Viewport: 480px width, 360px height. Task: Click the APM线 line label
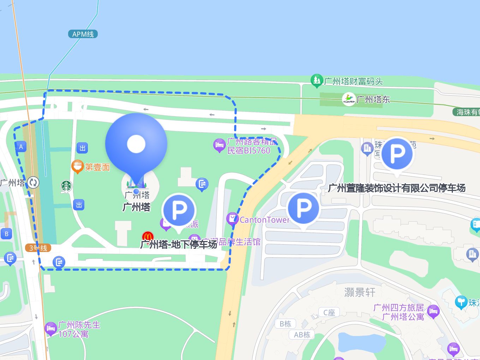pyautogui.click(x=83, y=34)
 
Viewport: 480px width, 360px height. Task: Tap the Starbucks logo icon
pyautogui.click(x=66, y=186)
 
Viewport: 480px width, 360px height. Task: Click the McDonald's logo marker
pyautogui.click(x=148, y=236)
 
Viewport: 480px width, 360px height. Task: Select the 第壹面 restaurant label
pyautogui.click(x=97, y=167)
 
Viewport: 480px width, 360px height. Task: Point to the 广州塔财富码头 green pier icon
pyautogui.click(x=317, y=81)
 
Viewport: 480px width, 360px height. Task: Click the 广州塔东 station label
pyautogui.click(x=373, y=99)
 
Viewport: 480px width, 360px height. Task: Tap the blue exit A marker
pyautogui.click(x=21, y=147)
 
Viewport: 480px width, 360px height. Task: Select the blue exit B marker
pyautogui.click(x=6, y=234)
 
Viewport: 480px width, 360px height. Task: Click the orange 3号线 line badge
pyautogui.click(x=38, y=248)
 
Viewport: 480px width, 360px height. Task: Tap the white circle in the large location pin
pyautogui.click(x=136, y=144)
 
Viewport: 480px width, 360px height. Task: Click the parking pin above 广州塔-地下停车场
pyautogui.click(x=179, y=210)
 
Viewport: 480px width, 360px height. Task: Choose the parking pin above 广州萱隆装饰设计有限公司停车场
pyautogui.click(x=397, y=154)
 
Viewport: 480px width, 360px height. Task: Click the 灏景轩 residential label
pyautogui.click(x=360, y=292)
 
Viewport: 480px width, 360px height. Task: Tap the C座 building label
pyautogui.click(x=329, y=312)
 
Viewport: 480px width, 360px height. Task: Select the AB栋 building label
pyautogui.click(x=302, y=335)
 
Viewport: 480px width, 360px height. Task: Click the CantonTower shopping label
pyautogui.click(x=264, y=220)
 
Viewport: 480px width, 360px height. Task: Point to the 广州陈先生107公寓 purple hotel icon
pyautogui.click(x=51, y=328)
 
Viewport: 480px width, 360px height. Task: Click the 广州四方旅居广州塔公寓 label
pyautogui.click(x=399, y=312)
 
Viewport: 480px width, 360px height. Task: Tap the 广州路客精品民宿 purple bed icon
pyautogui.click(x=219, y=145)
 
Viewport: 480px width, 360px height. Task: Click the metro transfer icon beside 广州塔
pyautogui.click(x=34, y=182)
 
